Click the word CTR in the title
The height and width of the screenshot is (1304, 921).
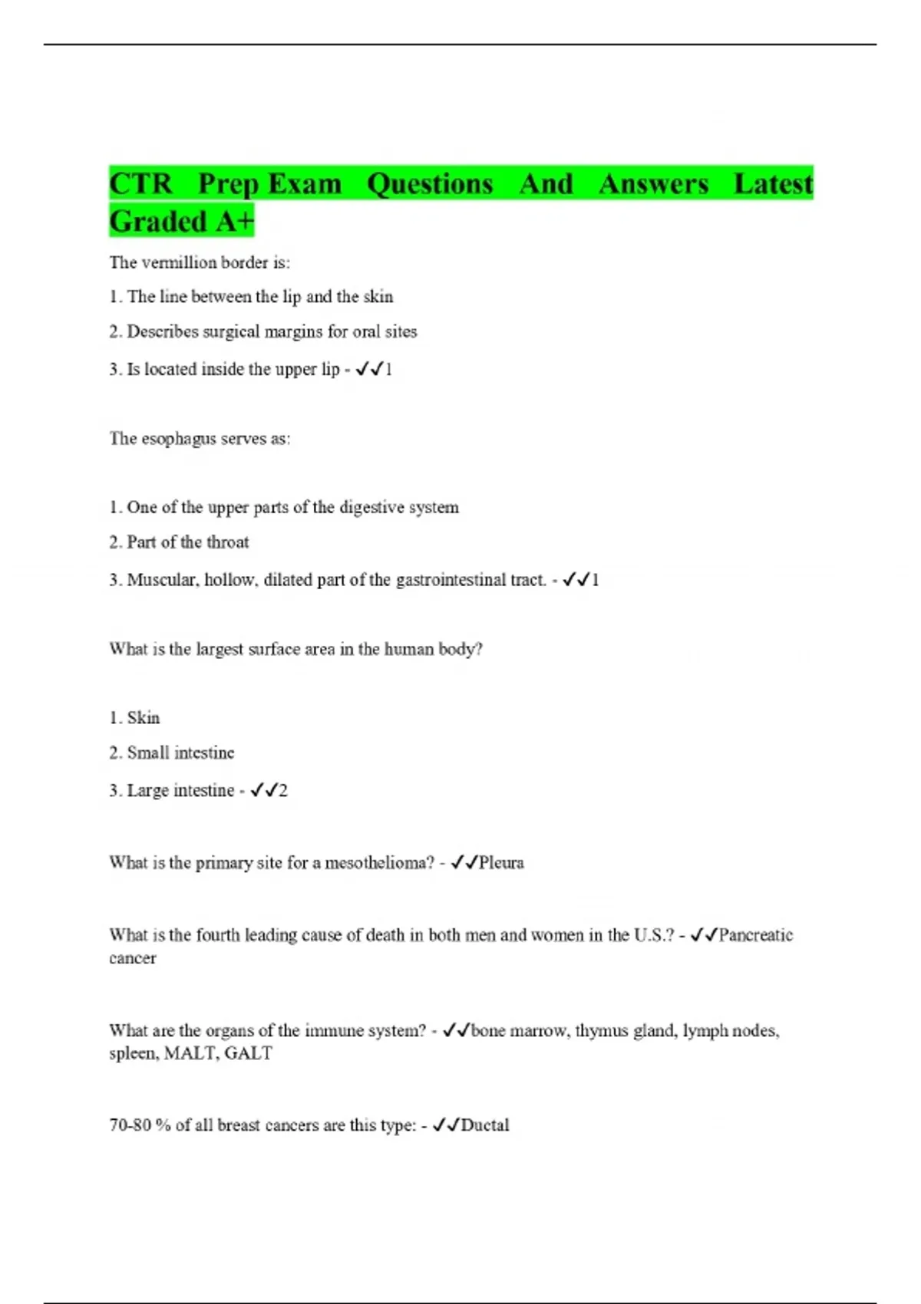[141, 184]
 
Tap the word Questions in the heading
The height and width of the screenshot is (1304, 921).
[430, 184]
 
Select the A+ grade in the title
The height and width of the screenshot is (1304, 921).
[234, 222]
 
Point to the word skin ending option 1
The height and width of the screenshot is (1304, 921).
[378, 297]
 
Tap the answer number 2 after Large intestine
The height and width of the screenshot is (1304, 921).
[283, 791]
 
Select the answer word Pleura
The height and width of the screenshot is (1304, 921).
[501, 863]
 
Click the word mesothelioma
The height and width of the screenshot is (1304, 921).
[379, 863]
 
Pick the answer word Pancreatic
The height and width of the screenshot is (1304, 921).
[755, 935]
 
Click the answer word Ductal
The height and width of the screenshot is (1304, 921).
[485, 1125]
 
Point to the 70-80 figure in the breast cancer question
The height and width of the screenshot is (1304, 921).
[130, 1125]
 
